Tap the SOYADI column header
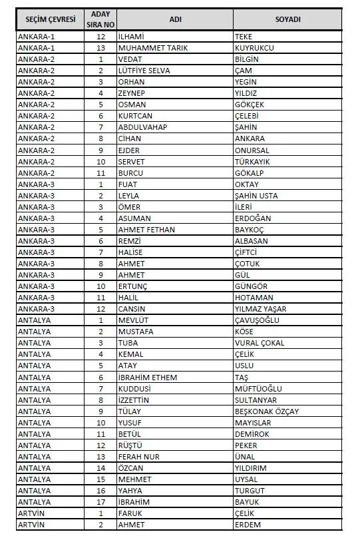(x=287, y=19)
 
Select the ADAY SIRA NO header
(x=101, y=19)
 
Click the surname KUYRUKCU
(x=254, y=48)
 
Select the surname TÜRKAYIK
(x=253, y=162)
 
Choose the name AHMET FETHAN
(x=146, y=230)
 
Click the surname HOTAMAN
(x=254, y=298)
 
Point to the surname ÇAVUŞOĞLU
(x=257, y=320)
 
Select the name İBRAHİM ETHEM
(x=148, y=377)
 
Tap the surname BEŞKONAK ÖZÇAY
(x=267, y=411)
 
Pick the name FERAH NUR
(x=138, y=456)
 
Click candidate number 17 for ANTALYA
(x=101, y=501)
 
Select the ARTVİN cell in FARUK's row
(x=33, y=513)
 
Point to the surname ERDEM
(x=248, y=525)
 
